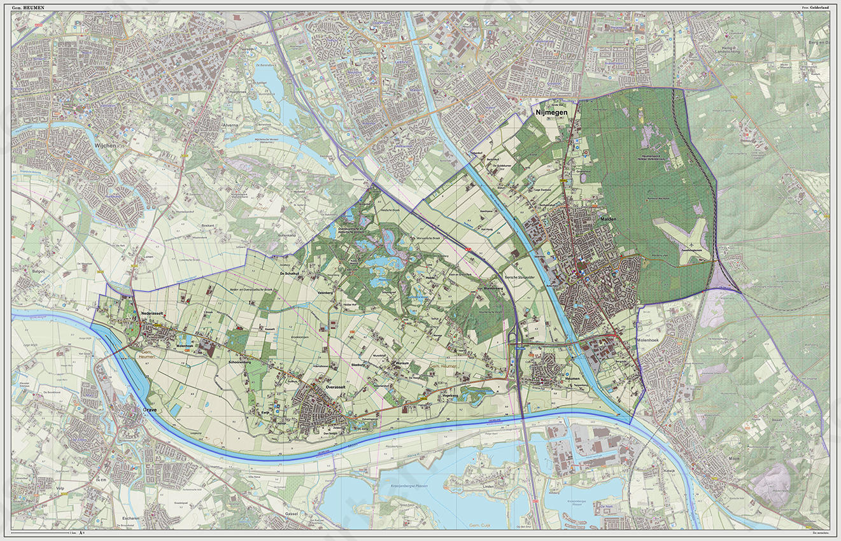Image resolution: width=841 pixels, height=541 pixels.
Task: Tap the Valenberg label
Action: (325, 293)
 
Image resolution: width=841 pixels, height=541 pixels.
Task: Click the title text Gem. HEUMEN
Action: (28, 7)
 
